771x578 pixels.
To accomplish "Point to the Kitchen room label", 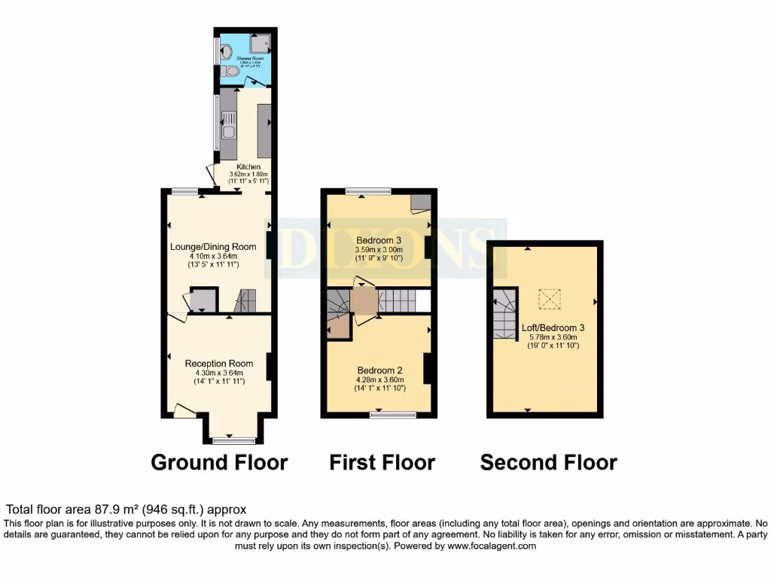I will point(248,166).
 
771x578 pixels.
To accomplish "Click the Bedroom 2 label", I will point(379,370).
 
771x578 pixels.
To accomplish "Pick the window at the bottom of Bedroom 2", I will point(392,414).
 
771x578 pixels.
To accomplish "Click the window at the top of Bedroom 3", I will point(367,191).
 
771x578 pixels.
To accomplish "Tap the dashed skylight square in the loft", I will point(550,299).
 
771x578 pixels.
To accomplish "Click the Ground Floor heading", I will point(219,462).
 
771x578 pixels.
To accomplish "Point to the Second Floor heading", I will point(548,462).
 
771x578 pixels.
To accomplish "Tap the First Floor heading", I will point(382,462).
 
